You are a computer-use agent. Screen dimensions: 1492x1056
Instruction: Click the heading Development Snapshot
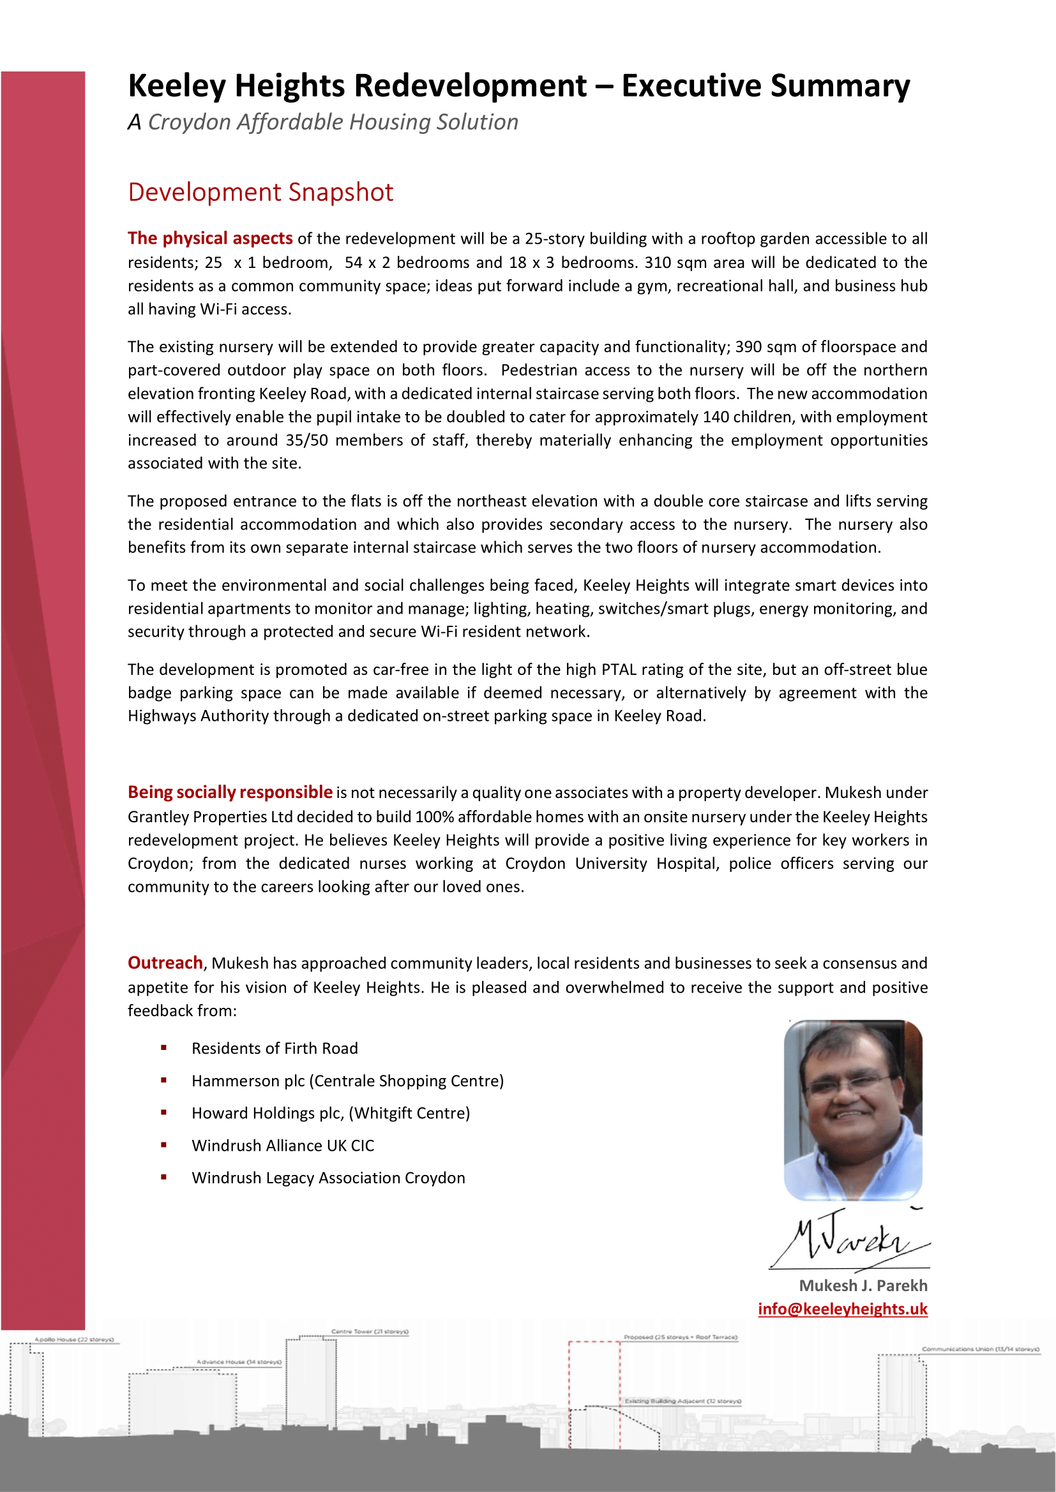pyautogui.click(x=260, y=193)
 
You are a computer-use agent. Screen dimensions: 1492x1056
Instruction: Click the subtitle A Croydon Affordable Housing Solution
pyautogui.click(x=322, y=122)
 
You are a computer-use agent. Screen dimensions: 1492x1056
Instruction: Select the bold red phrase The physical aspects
pyautogui.click(x=209, y=239)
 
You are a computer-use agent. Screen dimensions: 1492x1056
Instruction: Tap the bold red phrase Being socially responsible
pyautogui.click(x=230, y=792)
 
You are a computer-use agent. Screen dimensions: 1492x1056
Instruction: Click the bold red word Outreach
pyautogui.click(x=165, y=963)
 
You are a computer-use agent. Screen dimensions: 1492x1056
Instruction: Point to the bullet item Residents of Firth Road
pyautogui.click(x=275, y=1048)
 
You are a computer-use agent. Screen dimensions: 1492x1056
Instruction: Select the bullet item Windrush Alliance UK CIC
pyautogui.click(x=283, y=1146)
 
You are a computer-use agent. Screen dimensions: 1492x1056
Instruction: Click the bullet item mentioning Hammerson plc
pyautogui.click(x=347, y=1081)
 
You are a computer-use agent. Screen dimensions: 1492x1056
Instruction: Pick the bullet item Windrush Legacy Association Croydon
pyautogui.click(x=328, y=1178)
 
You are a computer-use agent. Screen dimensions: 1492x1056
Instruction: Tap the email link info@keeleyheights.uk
pyautogui.click(x=842, y=1309)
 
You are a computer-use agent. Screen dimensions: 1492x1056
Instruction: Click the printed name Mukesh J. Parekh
pyautogui.click(x=863, y=1285)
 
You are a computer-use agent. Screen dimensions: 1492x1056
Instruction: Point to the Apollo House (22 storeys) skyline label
pyautogui.click(x=74, y=1340)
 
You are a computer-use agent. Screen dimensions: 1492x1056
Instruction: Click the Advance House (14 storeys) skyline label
pyautogui.click(x=239, y=1361)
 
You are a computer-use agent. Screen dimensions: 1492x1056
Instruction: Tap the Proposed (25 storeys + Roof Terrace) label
pyautogui.click(x=680, y=1338)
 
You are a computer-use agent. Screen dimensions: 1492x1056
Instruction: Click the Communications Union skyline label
pyautogui.click(x=980, y=1349)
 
